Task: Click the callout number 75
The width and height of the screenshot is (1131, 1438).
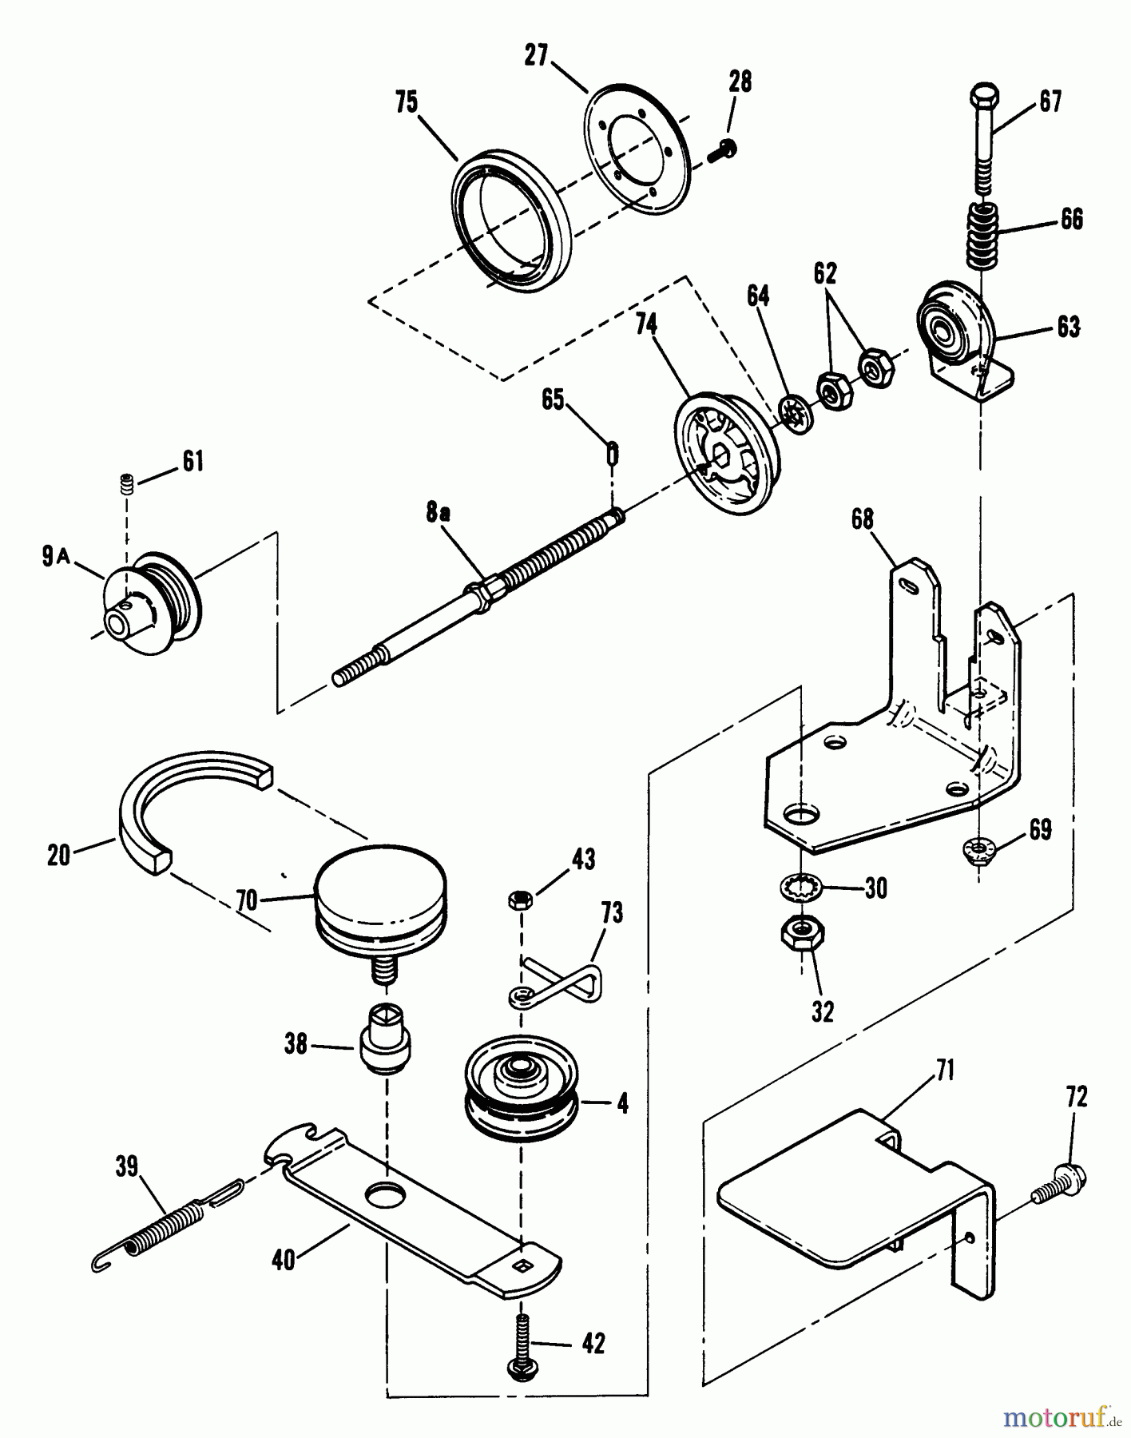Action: point(407,103)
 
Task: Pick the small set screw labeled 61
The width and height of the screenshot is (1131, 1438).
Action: point(125,483)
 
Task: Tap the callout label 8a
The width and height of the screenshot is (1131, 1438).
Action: point(437,514)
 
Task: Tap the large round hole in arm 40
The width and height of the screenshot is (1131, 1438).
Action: point(388,1196)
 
